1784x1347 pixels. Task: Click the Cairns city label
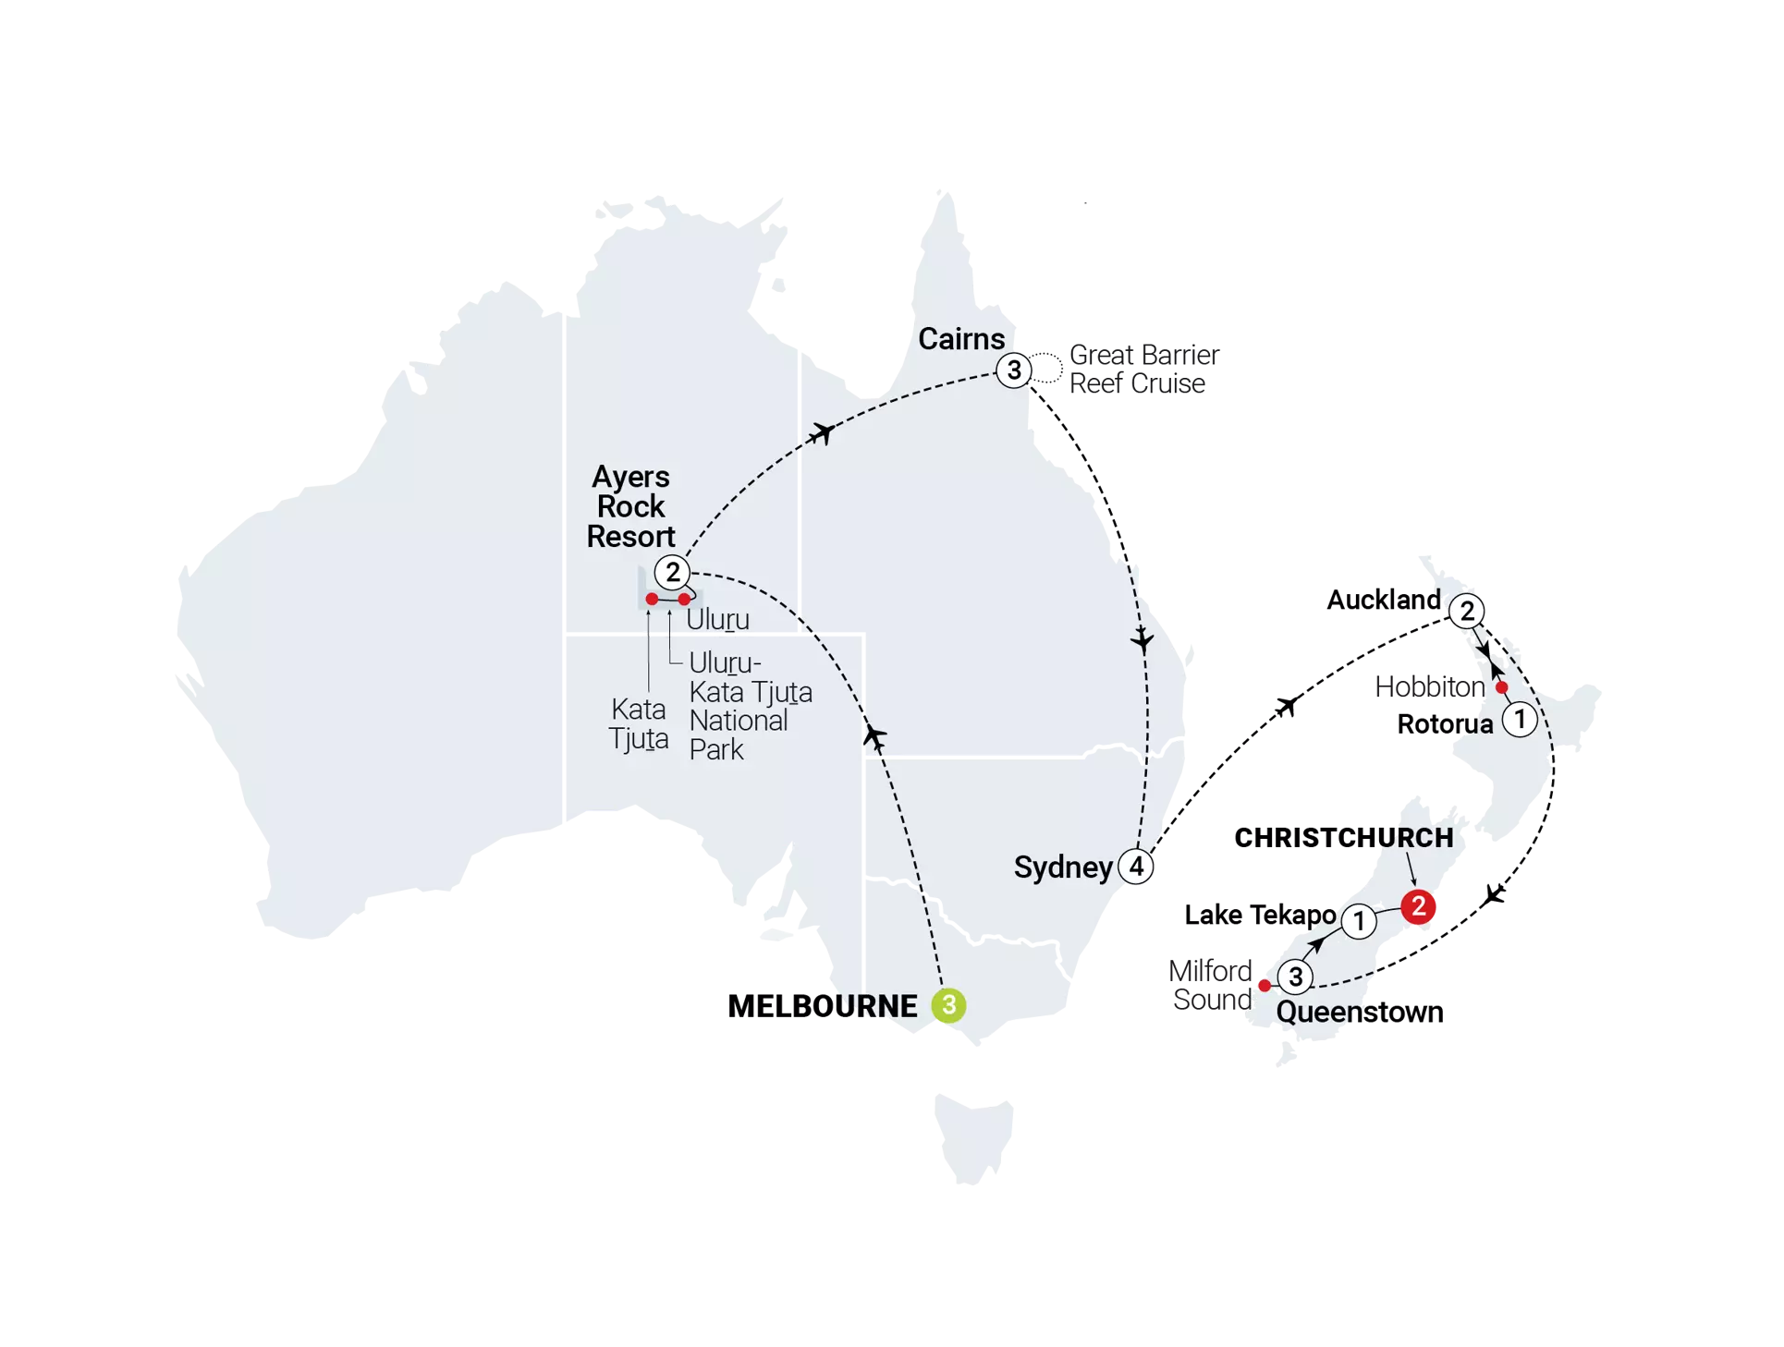[961, 339]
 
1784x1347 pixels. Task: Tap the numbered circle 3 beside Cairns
[1014, 370]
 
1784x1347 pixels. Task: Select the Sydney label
[1063, 868]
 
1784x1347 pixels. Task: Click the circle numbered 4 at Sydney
[1136, 867]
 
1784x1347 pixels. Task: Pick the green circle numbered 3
[948, 1005]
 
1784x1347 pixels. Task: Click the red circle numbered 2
[1418, 906]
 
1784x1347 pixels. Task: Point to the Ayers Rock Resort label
[631, 506]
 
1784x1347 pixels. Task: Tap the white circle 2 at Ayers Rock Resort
[673, 571]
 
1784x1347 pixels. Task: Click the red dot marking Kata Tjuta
[652, 599]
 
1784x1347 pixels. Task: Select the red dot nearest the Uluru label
[684, 599]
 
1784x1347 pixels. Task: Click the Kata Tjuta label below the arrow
[639, 723]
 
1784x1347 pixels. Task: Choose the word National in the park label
[739, 721]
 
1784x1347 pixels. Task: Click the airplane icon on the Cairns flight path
[821, 431]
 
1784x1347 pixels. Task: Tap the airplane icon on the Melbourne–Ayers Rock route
[874, 735]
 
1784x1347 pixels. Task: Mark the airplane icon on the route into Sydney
[1143, 638]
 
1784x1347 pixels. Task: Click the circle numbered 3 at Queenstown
[1295, 977]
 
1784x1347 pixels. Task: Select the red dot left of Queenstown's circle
[1264, 986]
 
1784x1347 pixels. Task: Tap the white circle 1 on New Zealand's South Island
[1359, 921]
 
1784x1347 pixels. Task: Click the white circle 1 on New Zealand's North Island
[1520, 719]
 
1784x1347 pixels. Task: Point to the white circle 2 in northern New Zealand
[1467, 612]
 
